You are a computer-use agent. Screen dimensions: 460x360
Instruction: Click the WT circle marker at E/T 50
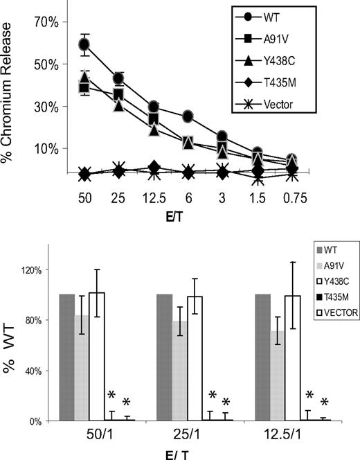click(x=84, y=45)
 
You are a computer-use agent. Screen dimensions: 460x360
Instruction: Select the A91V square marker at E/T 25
click(x=118, y=94)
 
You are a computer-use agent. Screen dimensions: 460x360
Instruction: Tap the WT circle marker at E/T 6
click(x=188, y=116)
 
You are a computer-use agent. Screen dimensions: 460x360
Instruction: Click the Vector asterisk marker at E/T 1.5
click(x=258, y=179)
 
